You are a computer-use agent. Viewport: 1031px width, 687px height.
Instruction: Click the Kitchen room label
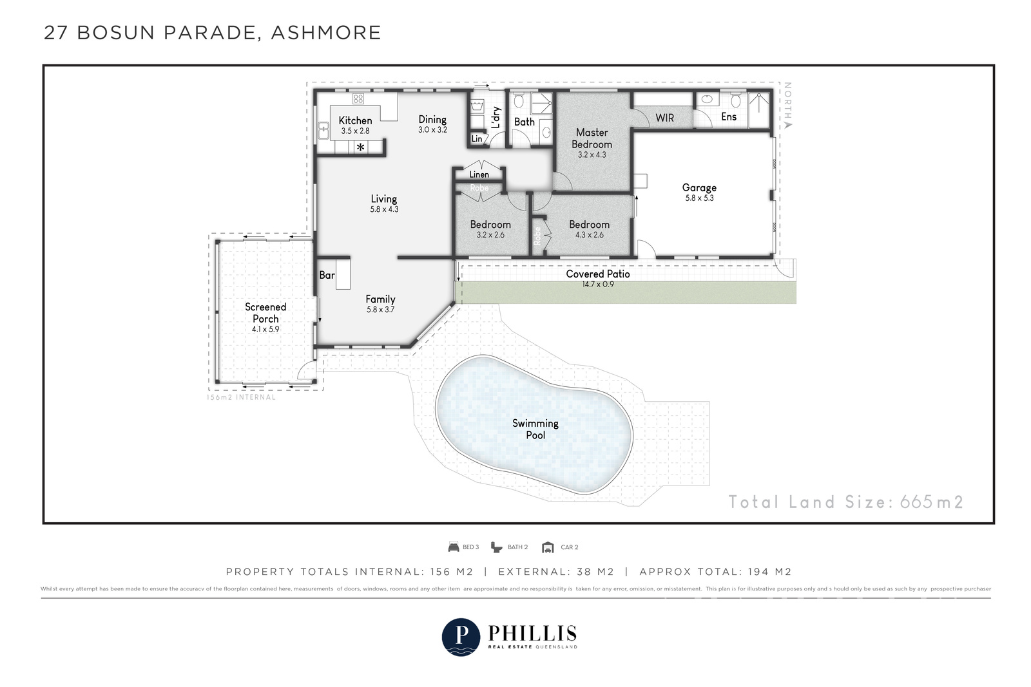(x=355, y=120)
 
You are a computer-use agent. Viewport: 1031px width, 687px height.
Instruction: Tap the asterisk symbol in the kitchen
(x=361, y=148)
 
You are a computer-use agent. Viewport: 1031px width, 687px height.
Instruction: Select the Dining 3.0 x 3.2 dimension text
(x=432, y=129)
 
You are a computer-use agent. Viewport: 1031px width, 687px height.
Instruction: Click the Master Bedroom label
(x=592, y=138)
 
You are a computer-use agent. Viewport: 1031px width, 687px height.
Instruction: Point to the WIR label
(x=664, y=118)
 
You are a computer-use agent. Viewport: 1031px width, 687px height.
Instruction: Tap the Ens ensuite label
(x=729, y=117)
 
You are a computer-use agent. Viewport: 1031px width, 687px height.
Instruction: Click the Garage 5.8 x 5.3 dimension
(x=699, y=198)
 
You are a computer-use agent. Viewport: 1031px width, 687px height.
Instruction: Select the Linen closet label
(x=479, y=174)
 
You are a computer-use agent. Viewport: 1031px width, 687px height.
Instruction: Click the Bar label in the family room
(x=327, y=275)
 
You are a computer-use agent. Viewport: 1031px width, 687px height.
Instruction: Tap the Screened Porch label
(x=265, y=313)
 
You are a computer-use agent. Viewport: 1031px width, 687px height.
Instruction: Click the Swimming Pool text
(x=535, y=429)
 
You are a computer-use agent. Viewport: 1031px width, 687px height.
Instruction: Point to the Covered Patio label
(x=597, y=274)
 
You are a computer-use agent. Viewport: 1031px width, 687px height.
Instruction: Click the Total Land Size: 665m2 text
(x=845, y=502)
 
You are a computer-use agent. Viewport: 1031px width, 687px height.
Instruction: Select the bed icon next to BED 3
(x=454, y=547)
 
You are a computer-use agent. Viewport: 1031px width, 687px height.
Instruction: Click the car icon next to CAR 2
(x=548, y=547)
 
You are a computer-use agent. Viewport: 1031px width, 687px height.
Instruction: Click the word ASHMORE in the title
(x=325, y=32)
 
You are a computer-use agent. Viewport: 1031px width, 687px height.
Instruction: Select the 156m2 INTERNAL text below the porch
(x=241, y=397)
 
